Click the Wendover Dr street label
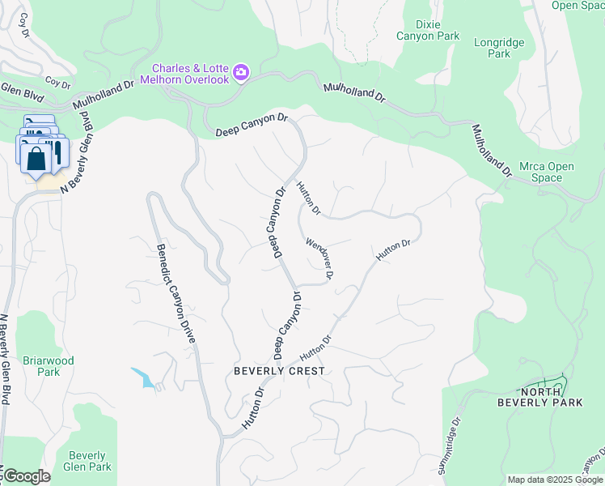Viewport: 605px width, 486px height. pos(320,258)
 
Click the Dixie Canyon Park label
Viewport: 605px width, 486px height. pos(428,30)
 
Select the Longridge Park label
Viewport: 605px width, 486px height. pos(499,48)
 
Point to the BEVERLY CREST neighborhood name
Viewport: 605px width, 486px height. pos(279,371)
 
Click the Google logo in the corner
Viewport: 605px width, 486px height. pos(26,476)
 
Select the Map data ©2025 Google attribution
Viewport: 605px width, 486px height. pos(555,480)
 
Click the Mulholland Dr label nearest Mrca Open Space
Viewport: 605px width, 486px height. pos(493,151)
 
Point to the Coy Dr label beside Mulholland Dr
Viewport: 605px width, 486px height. pos(58,82)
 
